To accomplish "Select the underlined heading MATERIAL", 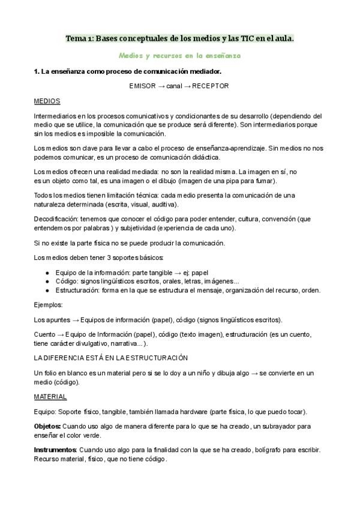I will pos(50,397).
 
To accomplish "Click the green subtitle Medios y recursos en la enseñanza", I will pos(179,55).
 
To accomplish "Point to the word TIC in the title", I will pos(248,38).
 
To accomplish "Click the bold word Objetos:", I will pos(47,426).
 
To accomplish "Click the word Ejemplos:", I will pos(49,305).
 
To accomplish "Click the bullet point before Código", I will pos(47,281).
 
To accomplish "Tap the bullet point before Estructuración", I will pos(47,291).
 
